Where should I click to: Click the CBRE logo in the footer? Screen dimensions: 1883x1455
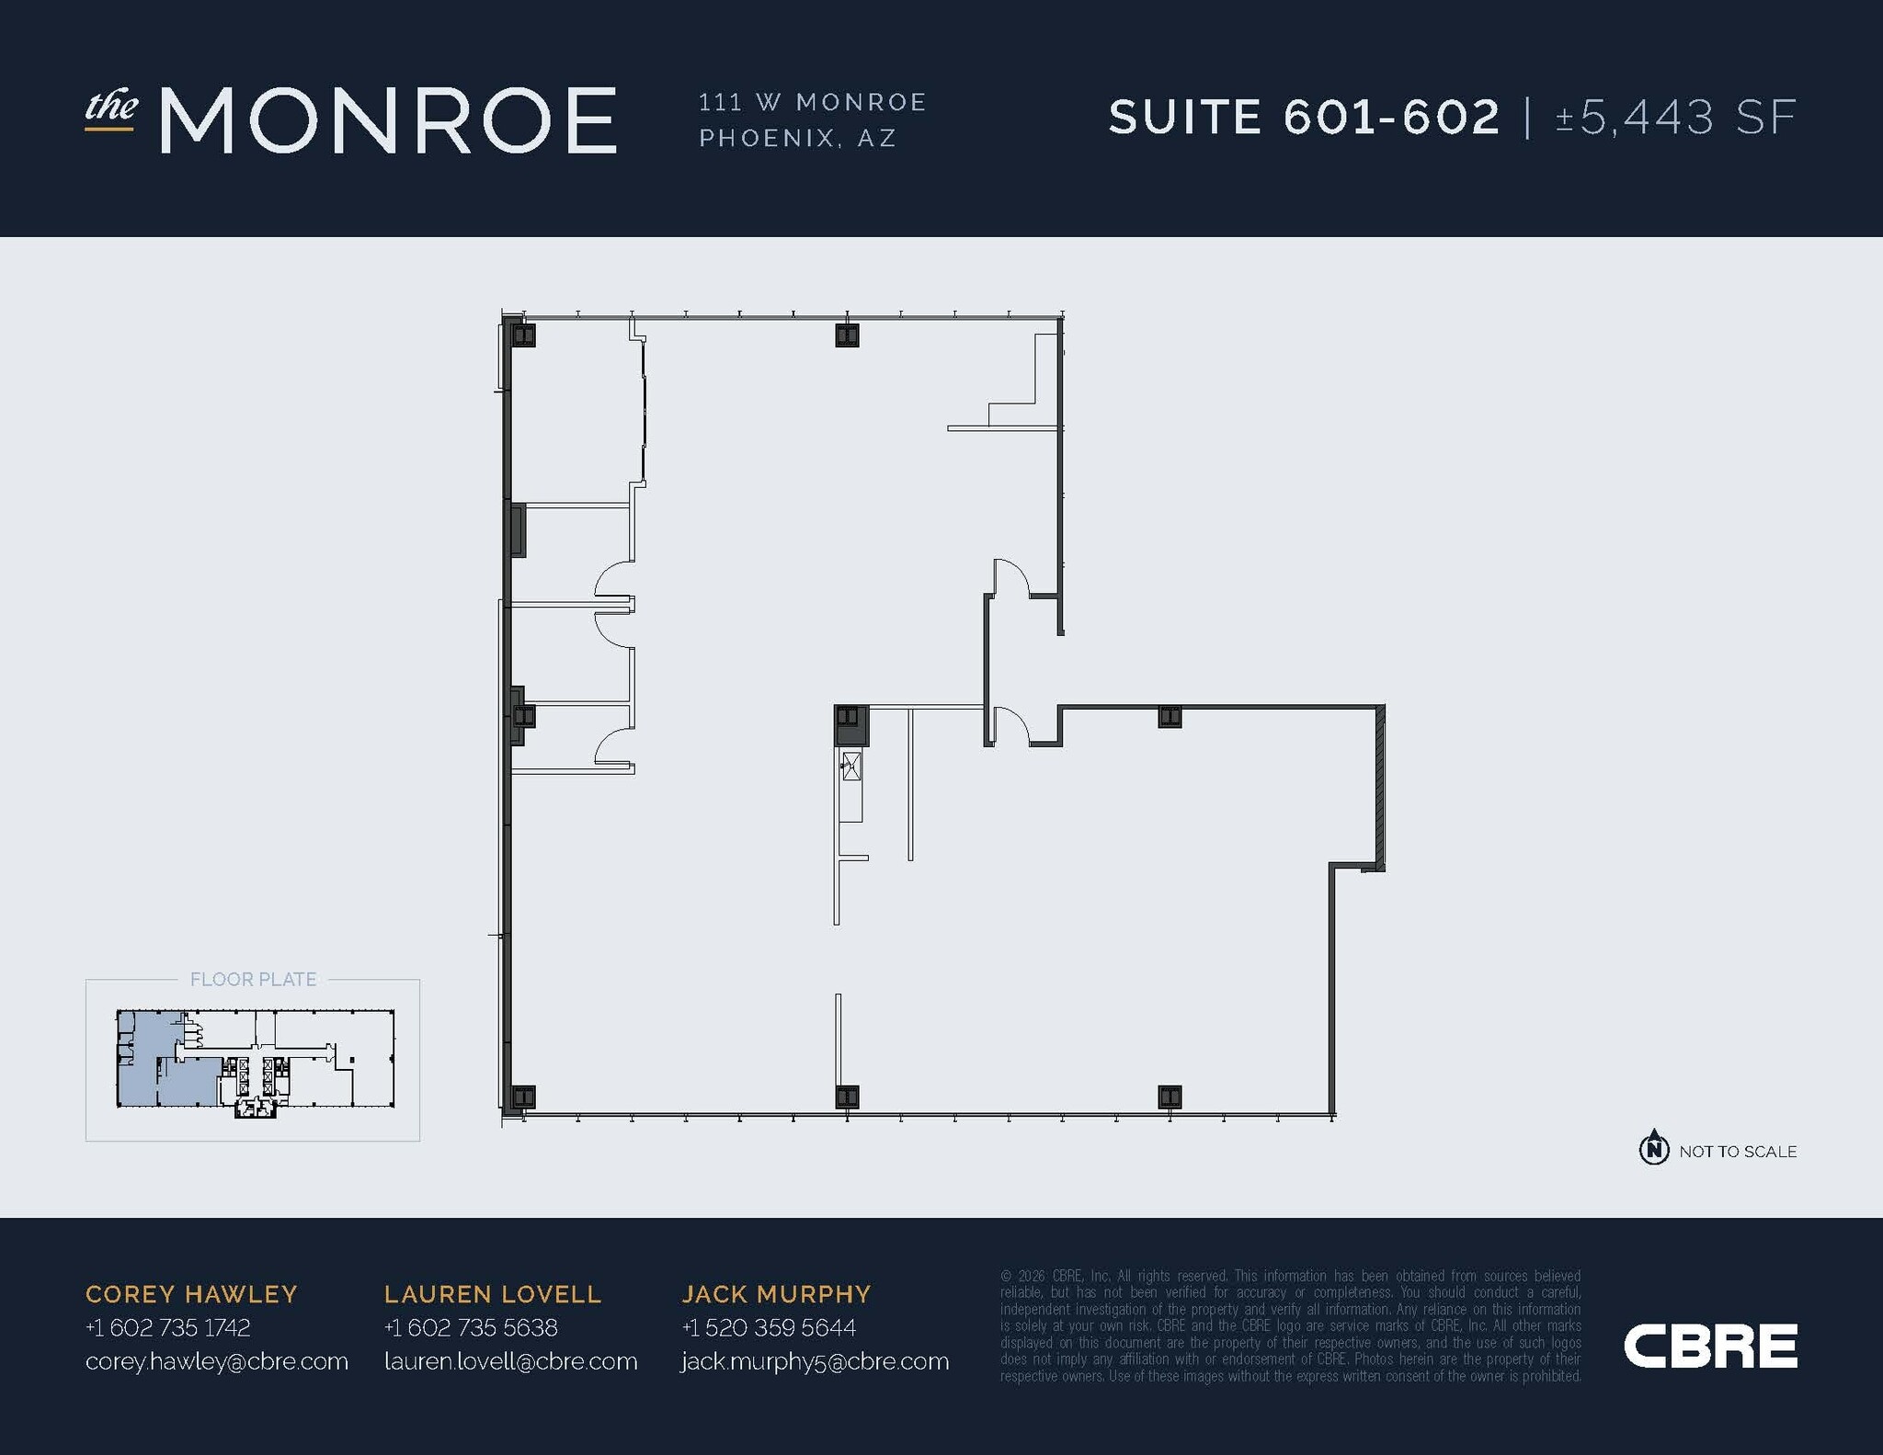(x=1710, y=1347)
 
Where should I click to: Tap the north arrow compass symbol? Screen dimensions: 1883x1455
(x=1654, y=1147)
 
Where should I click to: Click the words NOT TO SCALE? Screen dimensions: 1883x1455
(x=1738, y=1152)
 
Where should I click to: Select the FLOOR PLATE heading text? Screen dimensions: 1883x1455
(x=253, y=980)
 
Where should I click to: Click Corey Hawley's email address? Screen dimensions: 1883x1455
(x=217, y=1361)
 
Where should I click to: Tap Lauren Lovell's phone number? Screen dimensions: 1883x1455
(x=471, y=1327)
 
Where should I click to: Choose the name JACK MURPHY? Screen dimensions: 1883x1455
(x=776, y=1294)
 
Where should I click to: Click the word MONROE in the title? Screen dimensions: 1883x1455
(x=388, y=120)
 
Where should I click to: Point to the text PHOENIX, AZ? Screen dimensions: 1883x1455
(x=797, y=138)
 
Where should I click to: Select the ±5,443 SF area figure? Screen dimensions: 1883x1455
(x=1675, y=118)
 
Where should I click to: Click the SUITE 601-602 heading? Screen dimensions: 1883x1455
(x=1304, y=118)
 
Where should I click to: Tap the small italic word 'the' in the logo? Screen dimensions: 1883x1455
(x=111, y=108)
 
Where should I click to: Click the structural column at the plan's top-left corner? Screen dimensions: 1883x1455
(x=523, y=335)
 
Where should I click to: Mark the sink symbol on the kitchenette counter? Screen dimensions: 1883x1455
(x=851, y=766)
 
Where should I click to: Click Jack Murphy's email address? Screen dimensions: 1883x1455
(x=816, y=1361)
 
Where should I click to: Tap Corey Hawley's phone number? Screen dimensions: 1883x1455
(x=167, y=1327)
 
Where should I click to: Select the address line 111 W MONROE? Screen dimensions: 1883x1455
(x=813, y=102)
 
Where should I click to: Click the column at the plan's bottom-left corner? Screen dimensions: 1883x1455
(x=523, y=1097)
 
